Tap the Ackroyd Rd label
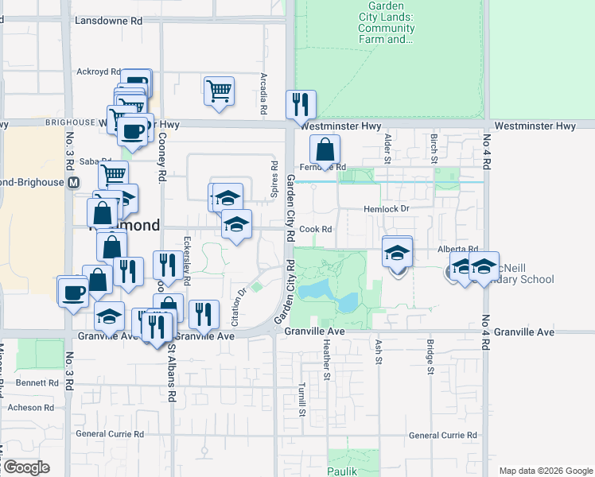coord(98,72)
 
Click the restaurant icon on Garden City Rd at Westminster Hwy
coord(301,104)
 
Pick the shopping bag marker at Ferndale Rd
coord(325,149)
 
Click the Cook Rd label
coord(315,229)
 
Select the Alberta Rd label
coord(457,249)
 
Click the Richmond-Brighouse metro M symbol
coord(74,182)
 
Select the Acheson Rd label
coord(31,407)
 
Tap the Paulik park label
coord(343,470)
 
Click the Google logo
coord(25,467)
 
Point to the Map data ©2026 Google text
coord(545,471)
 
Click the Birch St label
coord(434,144)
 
